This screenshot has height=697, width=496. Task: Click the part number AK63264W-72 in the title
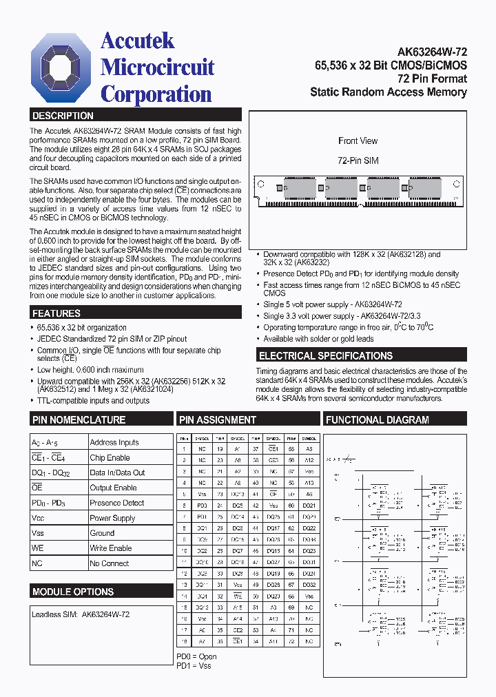click(x=432, y=52)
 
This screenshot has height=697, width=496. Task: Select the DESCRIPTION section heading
click(x=63, y=116)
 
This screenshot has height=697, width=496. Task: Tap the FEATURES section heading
click(x=57, y=313)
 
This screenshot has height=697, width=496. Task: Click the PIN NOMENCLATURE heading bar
click(x=79, y=419)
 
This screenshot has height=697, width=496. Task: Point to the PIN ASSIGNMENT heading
click(x=218, y=419)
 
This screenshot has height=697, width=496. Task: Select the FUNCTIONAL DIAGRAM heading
click(x=378, y=419)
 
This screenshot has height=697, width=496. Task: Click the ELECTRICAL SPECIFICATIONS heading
click(x=326, y=356)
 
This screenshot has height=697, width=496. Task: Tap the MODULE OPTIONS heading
click(x=73, y=592)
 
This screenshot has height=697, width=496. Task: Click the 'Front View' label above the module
click(x=358, y=141)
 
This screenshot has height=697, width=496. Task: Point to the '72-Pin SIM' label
click(x=358, y=160)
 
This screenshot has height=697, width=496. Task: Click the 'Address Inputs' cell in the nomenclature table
click(x=114, y=442)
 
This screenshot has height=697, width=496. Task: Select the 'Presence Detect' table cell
click(x=117, y=503)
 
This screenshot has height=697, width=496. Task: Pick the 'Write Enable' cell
click(x=111, y=548)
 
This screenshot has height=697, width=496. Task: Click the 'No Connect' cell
click(x=110, y=563)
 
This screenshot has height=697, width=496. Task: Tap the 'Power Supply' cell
click(x=112, y=518)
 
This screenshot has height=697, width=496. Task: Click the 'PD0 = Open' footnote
click(x=196, y=657)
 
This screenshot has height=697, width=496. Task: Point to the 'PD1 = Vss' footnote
click(x=194, y=666)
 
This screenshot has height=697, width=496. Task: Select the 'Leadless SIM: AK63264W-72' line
click(x=81, y=614)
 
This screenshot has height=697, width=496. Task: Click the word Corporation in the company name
click(x=156, y=94)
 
